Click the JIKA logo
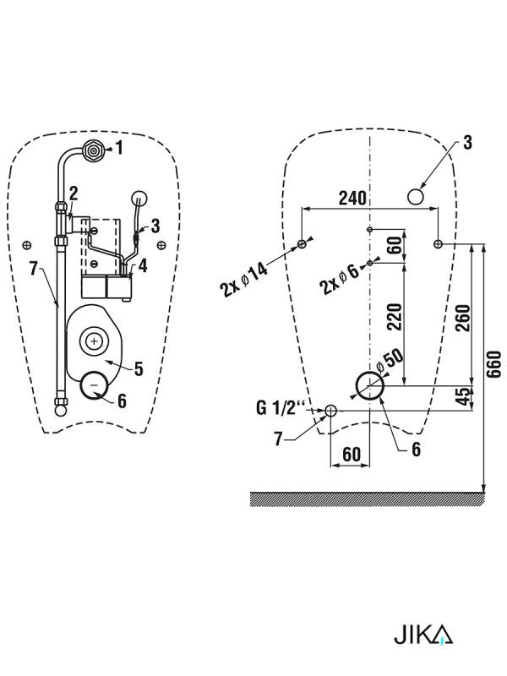[423, 635]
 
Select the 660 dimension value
[496, 364]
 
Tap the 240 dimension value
[352, 198]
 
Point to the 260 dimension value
[463, 318]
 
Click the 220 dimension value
[395, 317]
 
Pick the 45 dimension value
[463, 395]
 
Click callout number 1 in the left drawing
[119, 148]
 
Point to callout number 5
[139, 369]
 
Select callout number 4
[143, 265]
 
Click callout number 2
[74, 194]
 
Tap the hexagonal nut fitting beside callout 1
[93, 150]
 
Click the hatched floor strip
[368, 499]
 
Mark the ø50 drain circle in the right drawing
[370, 386]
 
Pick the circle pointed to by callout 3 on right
[416, 197]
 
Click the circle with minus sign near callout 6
[95, 384]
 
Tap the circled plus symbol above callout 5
[94, 342]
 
